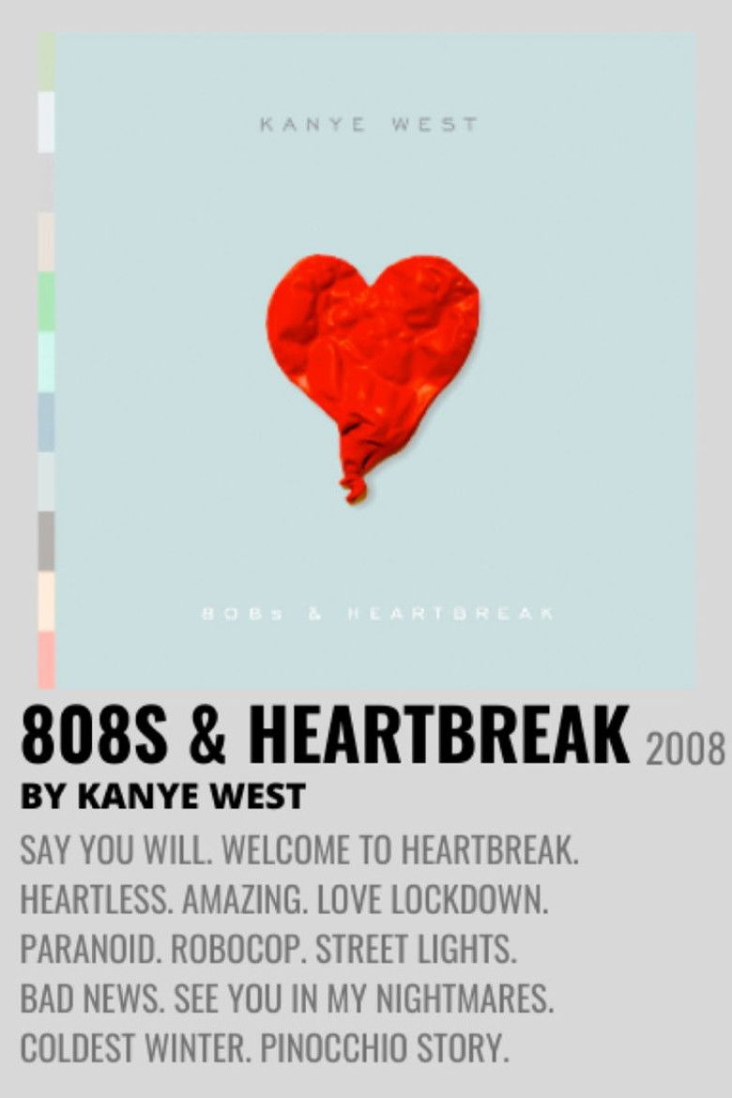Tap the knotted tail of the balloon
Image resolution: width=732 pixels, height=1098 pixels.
[x=355, y=487]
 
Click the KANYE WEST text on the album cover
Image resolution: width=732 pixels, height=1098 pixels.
[x=368, y=125]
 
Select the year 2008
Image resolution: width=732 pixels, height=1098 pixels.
[x=685, y=750]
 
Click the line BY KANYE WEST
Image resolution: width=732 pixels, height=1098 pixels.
[x=162, y=797]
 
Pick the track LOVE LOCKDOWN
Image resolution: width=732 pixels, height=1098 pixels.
[x=432, y=901]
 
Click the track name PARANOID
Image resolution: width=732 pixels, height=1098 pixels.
[x=91, y=950]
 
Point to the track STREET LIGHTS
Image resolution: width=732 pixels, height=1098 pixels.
[x=416, y=950]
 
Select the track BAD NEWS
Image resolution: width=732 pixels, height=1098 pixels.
[x=87, y=999]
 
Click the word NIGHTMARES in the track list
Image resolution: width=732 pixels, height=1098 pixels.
[x=464, y=999]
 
